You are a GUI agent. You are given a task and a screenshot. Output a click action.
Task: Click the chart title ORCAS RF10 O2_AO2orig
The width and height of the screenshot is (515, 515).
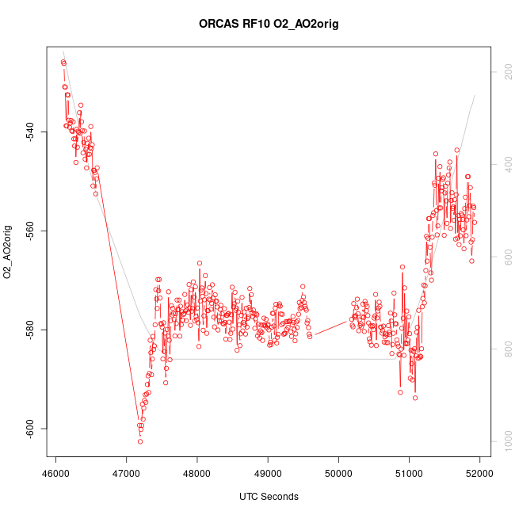[269, 24]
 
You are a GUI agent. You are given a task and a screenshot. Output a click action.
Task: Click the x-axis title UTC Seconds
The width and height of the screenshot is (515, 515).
[269, 497]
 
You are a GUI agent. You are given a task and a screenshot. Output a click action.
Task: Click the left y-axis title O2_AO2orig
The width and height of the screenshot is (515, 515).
[7, 253]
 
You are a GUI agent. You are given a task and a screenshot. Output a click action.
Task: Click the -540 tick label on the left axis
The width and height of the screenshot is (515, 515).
[29, 132]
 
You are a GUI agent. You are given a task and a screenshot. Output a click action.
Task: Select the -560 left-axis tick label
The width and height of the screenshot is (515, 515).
[29, 231]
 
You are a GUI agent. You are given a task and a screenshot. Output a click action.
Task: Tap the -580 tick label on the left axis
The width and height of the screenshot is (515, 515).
[29, 330]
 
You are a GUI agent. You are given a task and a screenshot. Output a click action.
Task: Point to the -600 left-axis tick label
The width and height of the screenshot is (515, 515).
[29, 429]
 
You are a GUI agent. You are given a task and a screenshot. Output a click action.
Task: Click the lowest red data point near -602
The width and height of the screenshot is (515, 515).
[140, 441]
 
